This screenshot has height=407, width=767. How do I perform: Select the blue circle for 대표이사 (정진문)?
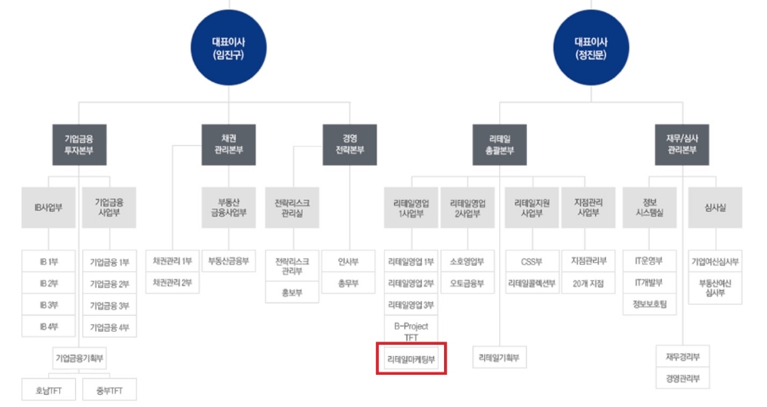click(591, 48)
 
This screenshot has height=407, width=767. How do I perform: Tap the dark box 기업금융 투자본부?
click(79, 144)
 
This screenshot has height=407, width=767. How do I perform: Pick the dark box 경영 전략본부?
click(349, 144)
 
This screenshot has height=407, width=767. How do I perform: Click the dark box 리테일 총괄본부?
click(499, 144)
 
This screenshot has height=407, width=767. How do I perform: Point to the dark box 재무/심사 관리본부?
click(681, 144)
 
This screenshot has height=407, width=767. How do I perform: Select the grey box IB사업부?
click(48, 207)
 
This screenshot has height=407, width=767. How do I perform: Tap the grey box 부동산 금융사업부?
click(228, 207)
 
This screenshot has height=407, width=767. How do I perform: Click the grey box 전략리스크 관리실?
click(291, 207)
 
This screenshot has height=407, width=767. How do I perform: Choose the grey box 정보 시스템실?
click(650, 207)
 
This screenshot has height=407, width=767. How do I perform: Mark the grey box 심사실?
click(714, 207)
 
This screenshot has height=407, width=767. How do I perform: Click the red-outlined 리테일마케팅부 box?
click(410, 359)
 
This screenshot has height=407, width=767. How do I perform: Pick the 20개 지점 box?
click(588, 283)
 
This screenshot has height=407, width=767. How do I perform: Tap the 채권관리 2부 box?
click(172, 283)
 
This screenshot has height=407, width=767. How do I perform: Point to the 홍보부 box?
click(291, 293)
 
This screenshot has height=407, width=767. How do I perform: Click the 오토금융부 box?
click(467, 283)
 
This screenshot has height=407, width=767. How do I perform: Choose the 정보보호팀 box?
click(650, 305)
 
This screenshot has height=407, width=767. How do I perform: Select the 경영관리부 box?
click(683, 379)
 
